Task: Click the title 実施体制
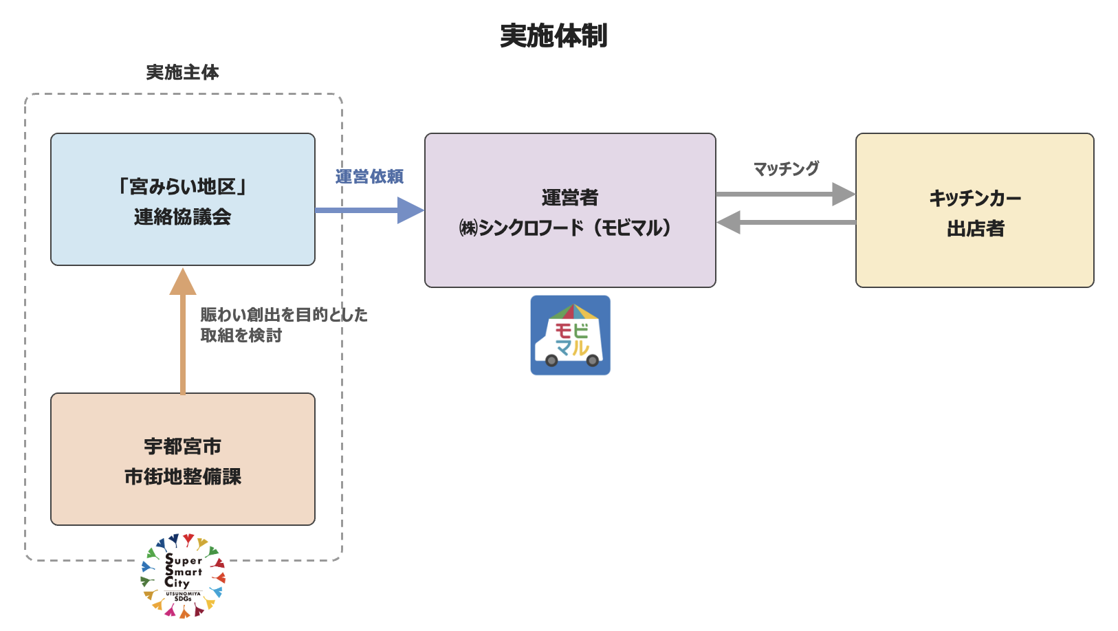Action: point(553,36)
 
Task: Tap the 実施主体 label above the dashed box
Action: point(183,72)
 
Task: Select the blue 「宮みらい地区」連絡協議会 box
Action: point(183,199)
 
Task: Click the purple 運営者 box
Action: point(570,210)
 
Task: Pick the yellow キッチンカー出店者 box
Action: point(975,210)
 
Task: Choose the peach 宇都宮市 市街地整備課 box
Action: point(183,459)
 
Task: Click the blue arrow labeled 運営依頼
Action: point(370,210)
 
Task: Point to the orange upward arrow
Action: point(183,331)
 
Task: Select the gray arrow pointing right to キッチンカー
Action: point(786,194)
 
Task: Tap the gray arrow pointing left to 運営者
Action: point(786,222)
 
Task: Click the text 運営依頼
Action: point(369,177)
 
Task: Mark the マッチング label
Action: point(786,168)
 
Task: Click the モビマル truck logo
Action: point(570,335)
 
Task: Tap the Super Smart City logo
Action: point(183,576)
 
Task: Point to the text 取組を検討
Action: point(241,335)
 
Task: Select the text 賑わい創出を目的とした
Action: point(284,314)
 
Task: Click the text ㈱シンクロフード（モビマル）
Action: point(565,228)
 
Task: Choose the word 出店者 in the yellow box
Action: point(975,228)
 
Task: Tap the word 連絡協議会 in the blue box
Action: point(183,217)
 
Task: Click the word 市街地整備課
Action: point(183,477)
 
